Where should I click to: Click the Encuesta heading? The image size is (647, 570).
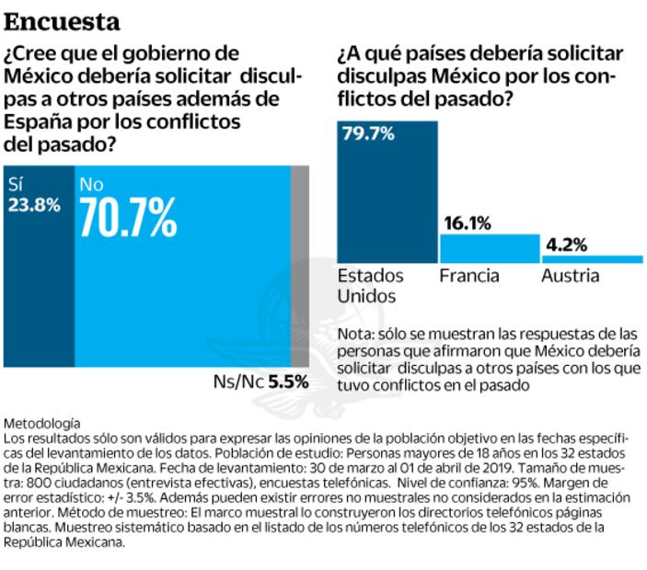pyautogui.click(x=62, y=19)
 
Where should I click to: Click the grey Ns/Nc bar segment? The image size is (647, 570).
pyautogui.click(x=299, y=267)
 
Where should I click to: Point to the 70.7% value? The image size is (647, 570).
pyautogui.click(x=128, y=217)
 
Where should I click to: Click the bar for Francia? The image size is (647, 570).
pyautogui.click(x=489, y=248)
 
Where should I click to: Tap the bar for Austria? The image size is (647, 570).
pyautogui.click(x=591, y=259)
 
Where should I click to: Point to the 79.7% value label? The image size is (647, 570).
pyautogui.click(x=368, y=134)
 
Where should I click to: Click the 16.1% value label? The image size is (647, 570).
pyautogui.click(x=468, y=222)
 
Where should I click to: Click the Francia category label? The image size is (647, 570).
pyautogui.click(x=469, y=276)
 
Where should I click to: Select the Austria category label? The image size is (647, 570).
pyautogui.click(x=570, y=276)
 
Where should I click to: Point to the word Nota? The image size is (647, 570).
pyautogui.click(x=354, y=333)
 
